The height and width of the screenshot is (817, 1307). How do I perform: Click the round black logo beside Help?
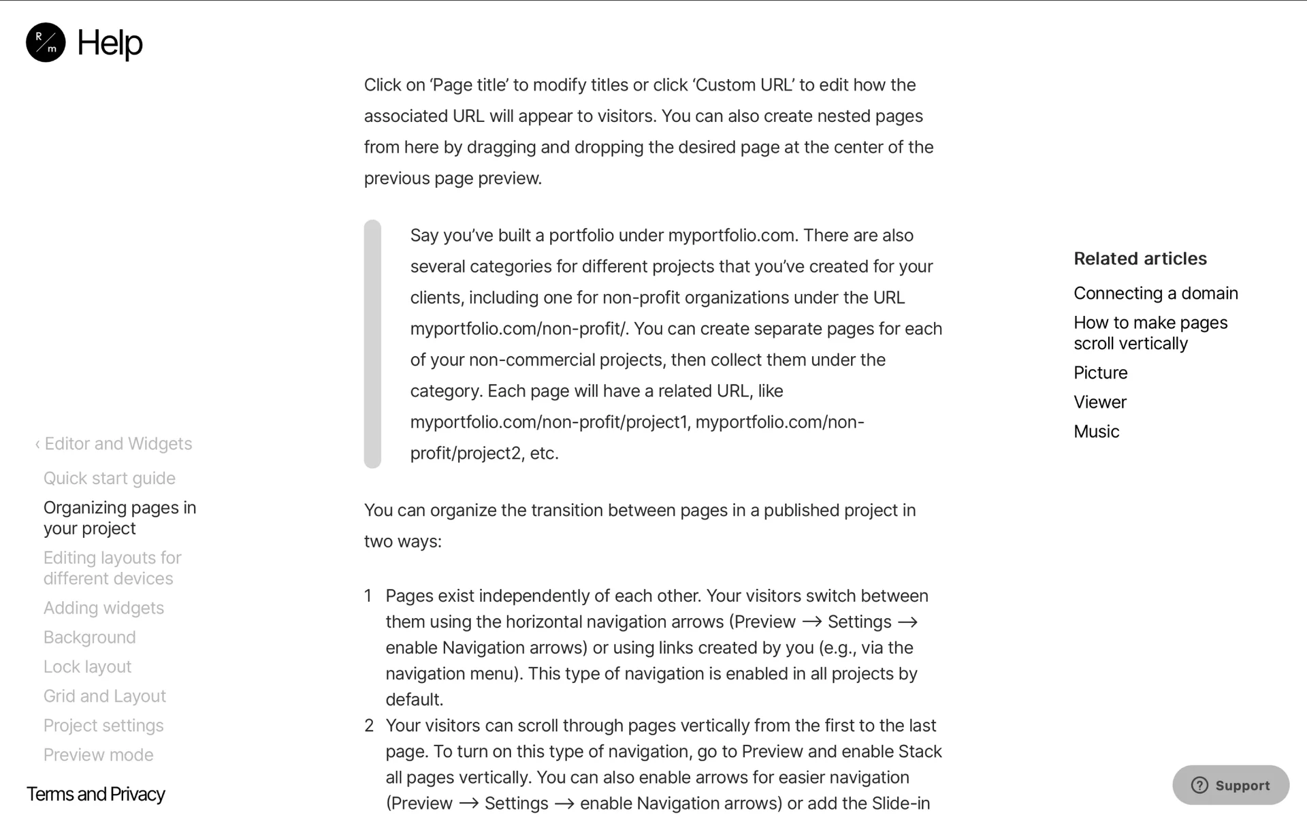[46, 42]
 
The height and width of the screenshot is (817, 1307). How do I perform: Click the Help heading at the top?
[110, 43]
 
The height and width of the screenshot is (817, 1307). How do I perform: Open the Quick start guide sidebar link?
[110, 478]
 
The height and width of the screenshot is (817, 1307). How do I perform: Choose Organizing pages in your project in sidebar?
[120, 518]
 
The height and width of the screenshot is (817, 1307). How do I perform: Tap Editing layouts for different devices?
[112, 568]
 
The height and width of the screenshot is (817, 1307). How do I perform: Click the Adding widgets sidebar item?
[104, 608]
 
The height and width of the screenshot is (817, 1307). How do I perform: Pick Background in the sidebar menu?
[90, 637]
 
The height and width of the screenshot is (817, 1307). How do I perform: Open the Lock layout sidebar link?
[88, 667]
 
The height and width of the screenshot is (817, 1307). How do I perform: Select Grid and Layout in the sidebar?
[105, 696]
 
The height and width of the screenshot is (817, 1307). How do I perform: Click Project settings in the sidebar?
[103, 725]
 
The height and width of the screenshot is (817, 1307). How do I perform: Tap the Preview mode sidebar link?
[99, 754]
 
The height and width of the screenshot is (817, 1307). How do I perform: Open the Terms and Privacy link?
[96, 794]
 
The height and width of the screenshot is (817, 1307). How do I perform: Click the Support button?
[1230, 785]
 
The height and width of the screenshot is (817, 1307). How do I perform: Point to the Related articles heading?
[1140, 259]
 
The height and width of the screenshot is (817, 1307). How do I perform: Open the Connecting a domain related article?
[1156, 293]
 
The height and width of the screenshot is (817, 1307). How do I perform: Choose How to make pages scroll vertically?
[1150, 333]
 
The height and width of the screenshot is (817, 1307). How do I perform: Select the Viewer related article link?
[1100, 402]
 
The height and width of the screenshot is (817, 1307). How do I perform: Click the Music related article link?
[1097, 432]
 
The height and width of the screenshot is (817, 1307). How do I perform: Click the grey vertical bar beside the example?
[372, 344]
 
